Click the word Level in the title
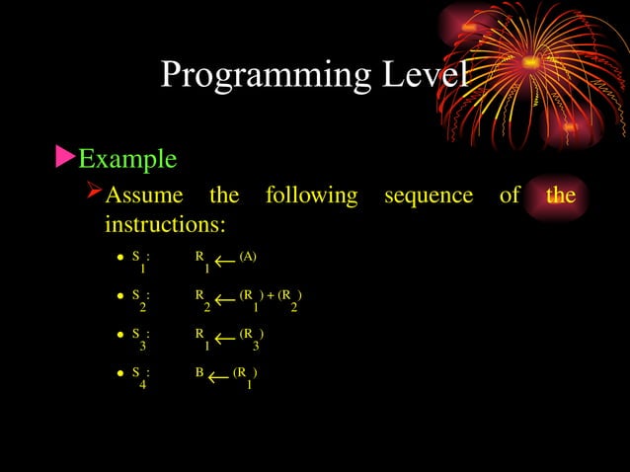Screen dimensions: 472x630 415,74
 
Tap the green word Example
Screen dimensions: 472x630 127,158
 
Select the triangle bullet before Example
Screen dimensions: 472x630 64,157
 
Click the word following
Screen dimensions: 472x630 311,196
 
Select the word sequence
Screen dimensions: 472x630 428,196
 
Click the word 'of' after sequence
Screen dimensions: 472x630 509,196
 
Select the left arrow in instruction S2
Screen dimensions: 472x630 224,299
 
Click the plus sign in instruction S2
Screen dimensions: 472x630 270,295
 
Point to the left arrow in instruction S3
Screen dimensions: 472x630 224,339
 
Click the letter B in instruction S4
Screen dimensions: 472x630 199,373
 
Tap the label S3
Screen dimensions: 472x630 140,338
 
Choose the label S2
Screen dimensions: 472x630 140,299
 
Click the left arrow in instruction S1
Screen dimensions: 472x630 224,261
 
